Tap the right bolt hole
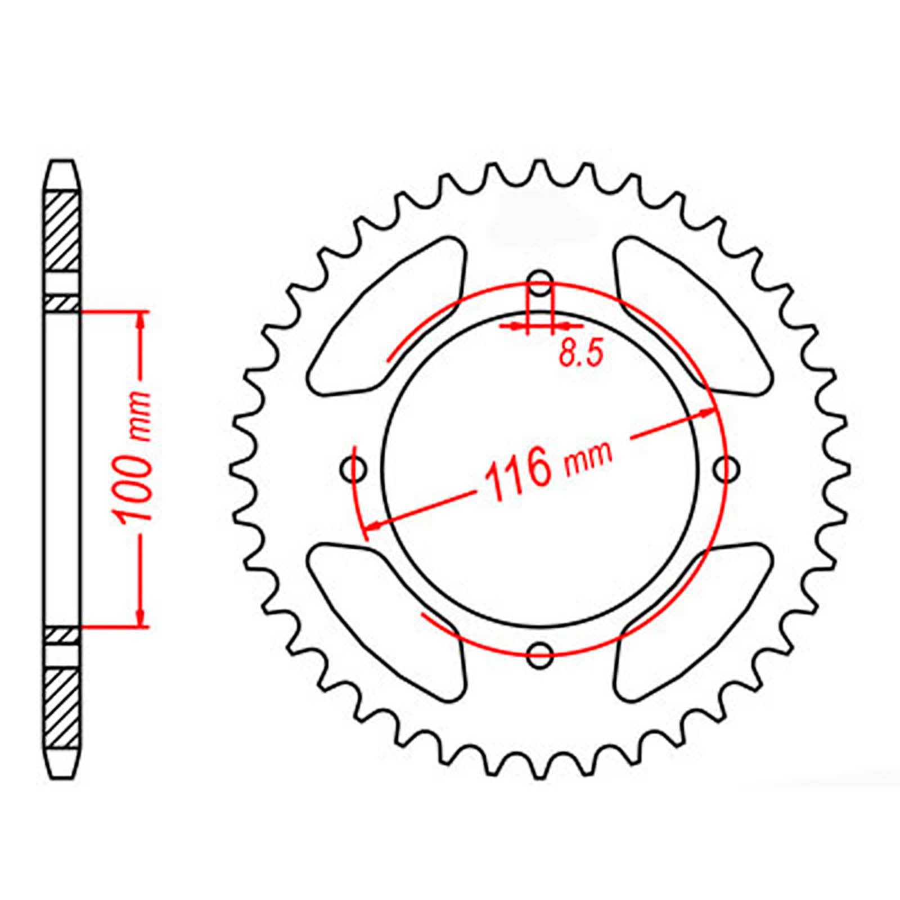point(727,468)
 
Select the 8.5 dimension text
point(580,354)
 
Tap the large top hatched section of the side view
point(61,232)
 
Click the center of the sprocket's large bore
point(541,468)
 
